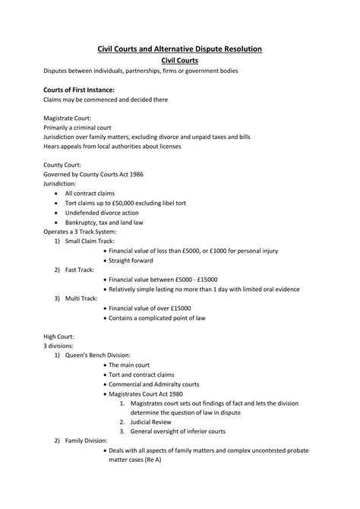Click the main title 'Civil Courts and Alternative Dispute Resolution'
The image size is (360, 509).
[180, 49]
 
